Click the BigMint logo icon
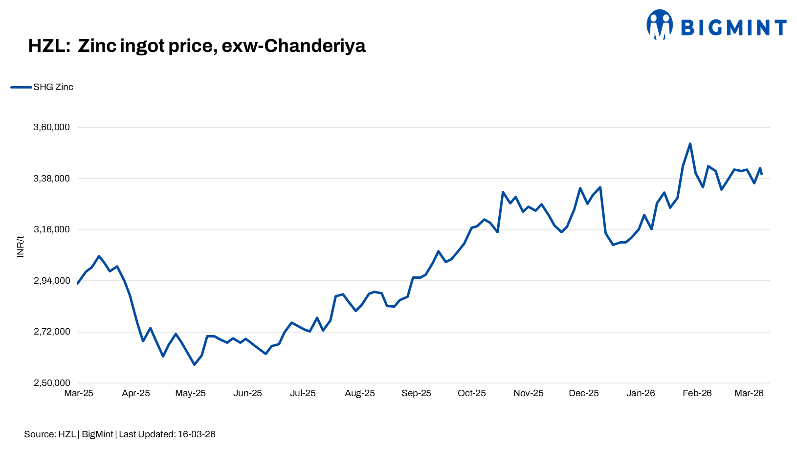pos(660,24)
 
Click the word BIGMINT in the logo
pos(733,27)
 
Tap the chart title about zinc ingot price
pos(197,45)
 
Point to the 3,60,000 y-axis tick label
pos(51,127)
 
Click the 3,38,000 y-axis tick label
pos(51,179)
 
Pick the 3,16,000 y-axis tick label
pos(51,229)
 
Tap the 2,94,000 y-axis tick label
pos(51,281)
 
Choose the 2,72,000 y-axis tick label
pos(51,332)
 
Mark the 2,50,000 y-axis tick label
pos(51,383)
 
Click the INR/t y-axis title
pos(21,247)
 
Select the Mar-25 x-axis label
pos(79,393)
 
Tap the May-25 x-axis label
pos(191,393)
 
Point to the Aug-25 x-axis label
pos(360,393)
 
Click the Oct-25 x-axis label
pos(472,393)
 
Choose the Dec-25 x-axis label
pos(584,393)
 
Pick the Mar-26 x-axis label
pos(749,393)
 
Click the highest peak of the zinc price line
pos(690,144)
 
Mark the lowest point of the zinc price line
pos(194,364)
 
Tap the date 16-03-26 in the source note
pos(197,434)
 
